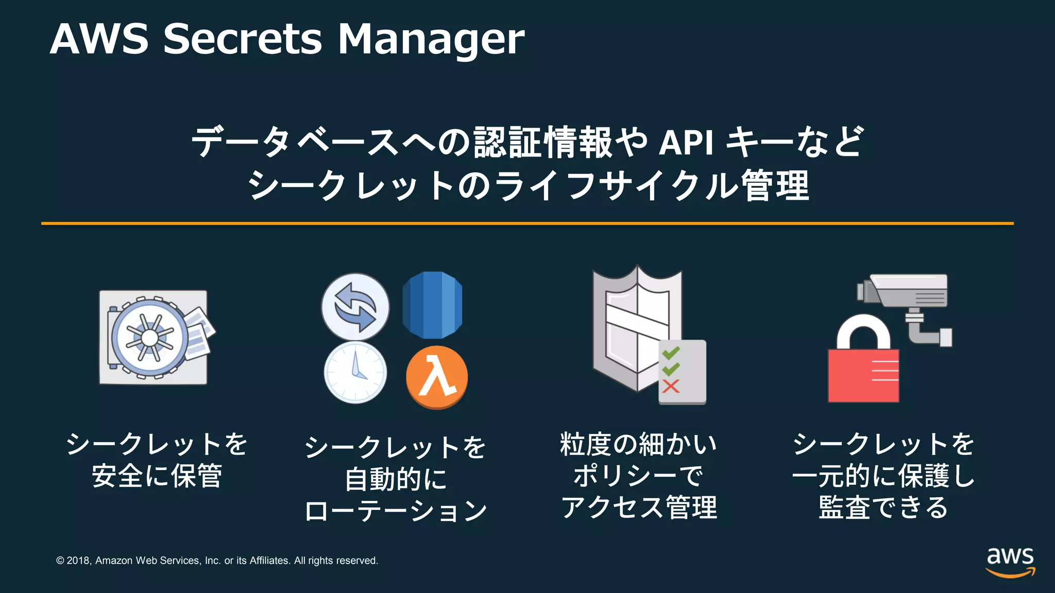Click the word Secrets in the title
[242, 39]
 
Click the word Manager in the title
[431, 40]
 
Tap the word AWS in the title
[99, 39]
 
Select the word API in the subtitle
[686, 143]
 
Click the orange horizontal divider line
[527, 223]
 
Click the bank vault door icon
[150, 338]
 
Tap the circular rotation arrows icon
[355, 307]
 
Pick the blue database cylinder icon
[432, 305]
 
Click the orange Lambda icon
[437, 377]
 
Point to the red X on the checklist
[671, 386]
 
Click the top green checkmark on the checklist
[671, 353]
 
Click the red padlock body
[863, 376]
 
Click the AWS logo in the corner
[1010, 562]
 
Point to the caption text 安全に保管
[157, 476]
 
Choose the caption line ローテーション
[396, 511]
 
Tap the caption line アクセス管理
[639, 508]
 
